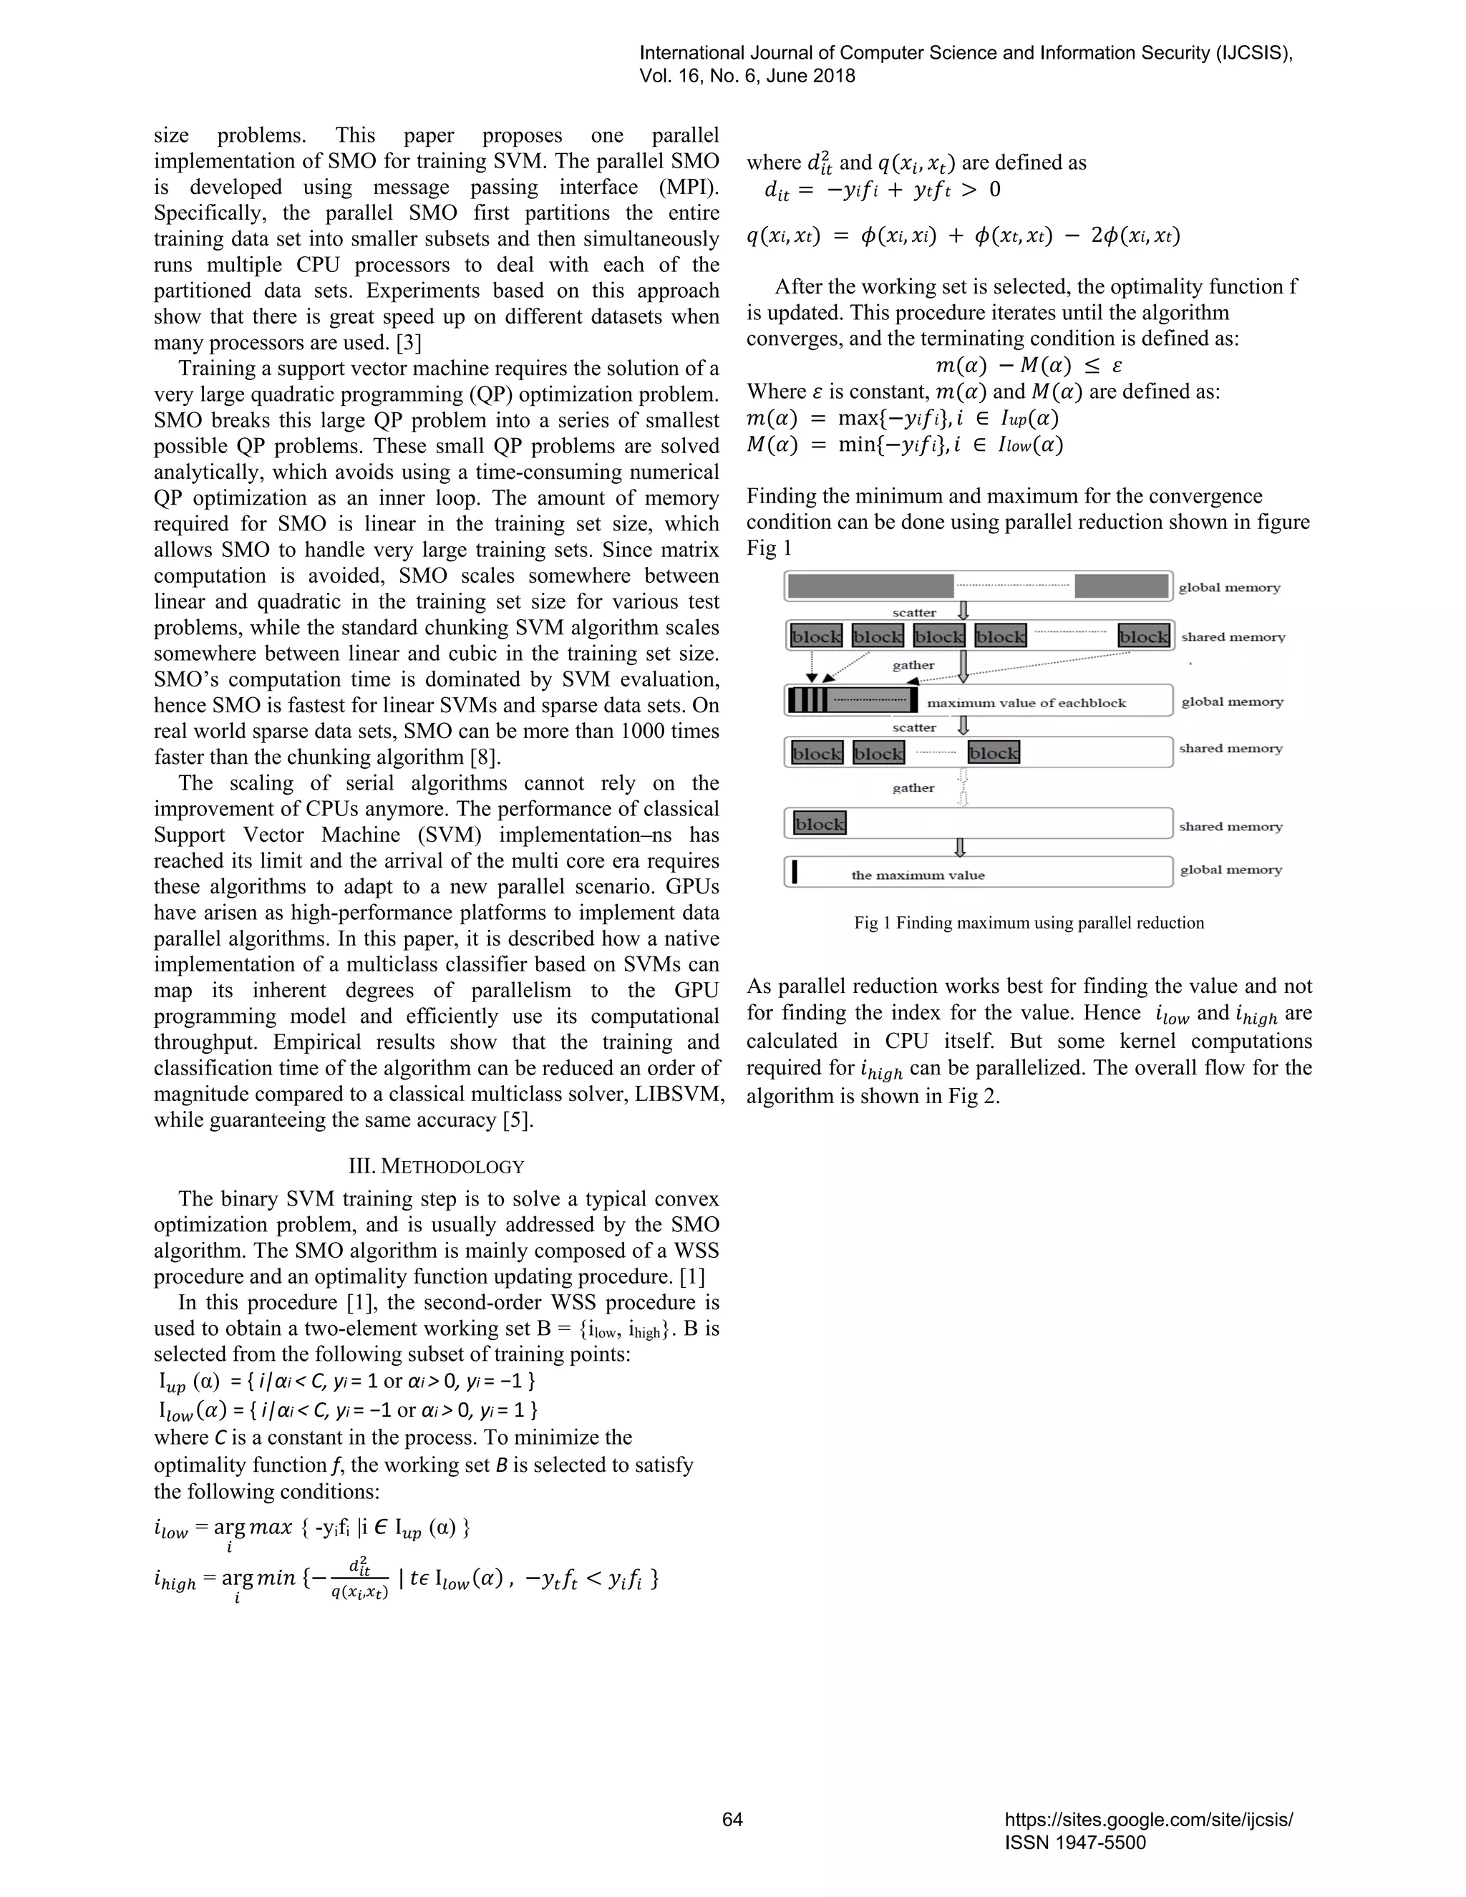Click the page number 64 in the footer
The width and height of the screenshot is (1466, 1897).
click(x=732, y=1819)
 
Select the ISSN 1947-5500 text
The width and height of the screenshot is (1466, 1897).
click(x=1075, y=1843)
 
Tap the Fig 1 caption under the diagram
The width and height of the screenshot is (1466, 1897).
click(x=1029, y=923)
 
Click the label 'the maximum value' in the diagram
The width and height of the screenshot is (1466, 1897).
click(x=917, y=875)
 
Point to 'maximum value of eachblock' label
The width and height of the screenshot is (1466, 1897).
click(x=1026, y=703)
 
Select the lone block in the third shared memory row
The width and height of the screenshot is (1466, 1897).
click(x=819, y=823)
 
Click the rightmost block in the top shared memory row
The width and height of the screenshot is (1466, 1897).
click(x=1143, y=636)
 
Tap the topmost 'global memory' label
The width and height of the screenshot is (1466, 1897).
click(x=1229, y=587)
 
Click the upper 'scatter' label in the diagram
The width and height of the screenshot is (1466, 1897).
click(x=913, y=612)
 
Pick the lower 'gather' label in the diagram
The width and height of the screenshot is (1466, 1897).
click(x=913, y=788)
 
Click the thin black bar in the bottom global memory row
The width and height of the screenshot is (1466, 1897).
click(x=795, y=871)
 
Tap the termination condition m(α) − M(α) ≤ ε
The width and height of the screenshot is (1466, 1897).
click(x=1029, y=365)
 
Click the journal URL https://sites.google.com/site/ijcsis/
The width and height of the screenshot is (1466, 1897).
click(x=1148, y=1819)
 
